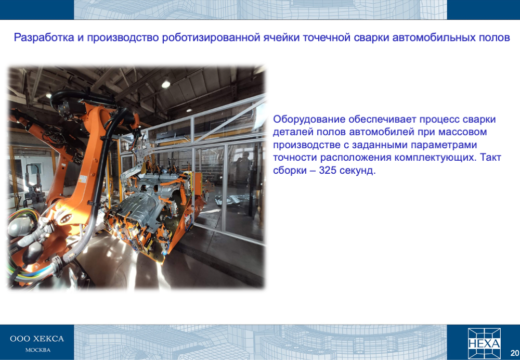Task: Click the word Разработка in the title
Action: [x=44, y=38]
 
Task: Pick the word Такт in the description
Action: [x=490, y=157]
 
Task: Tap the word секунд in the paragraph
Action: [x=359, y=171]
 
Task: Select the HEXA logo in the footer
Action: [x=484, y=343]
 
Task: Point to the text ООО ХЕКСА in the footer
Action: [x=37, y=339]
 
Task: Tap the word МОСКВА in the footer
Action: [x=38, y=350]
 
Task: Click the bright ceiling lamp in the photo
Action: [x=165, y=84]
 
